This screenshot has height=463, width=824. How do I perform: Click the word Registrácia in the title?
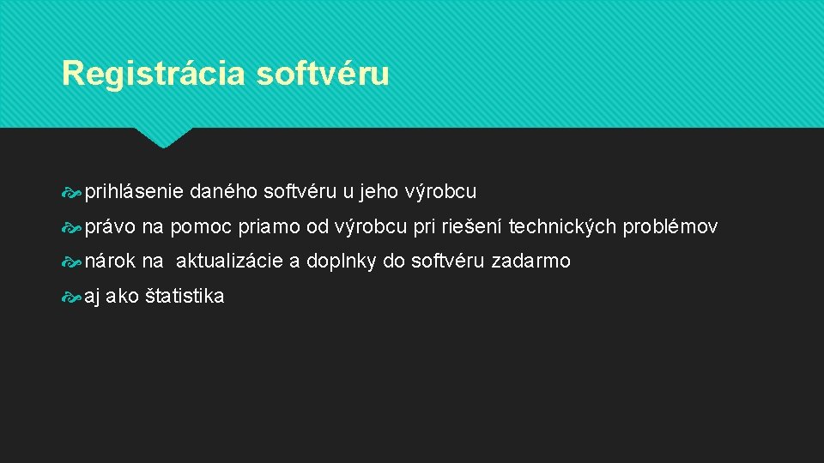tap(154, 74)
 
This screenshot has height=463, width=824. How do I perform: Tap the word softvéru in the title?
tap(323, 74)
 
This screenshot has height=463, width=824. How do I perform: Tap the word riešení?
tap(472, 227)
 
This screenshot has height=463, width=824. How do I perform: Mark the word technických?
tap(563, 227)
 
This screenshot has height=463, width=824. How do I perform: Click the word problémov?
tap(670, 227)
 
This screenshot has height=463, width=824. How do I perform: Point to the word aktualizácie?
tap(229, 262)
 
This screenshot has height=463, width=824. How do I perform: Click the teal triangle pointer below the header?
tap(163, 137)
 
